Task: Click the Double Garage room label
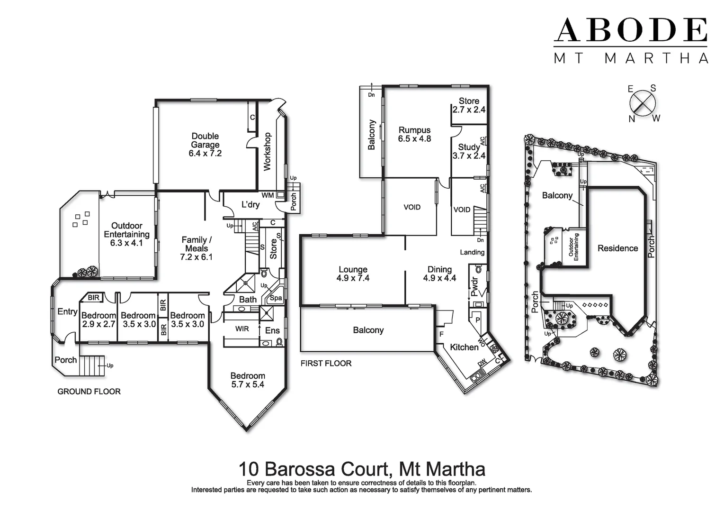(x=205, y=140)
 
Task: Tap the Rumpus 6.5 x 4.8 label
(x=414, y=134)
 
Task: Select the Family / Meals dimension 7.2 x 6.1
(x=197, y=257)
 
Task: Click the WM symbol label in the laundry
(x=267, y=195)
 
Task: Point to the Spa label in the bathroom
(x=276, y=298)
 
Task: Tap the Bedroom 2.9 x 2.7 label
(x=98, y=320)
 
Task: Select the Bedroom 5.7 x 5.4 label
(x=248, y=380)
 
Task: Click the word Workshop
(x=268, y=152)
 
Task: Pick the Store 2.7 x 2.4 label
(x=469, y=105)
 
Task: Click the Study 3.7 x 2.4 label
(x=469, y=151)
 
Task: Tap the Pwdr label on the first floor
(x=475, y=286)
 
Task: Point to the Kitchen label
(x=464, y=347)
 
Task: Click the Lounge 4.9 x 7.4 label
(x=353, y=274)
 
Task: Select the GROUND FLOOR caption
(x=89, y=392)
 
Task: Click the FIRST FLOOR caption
(x=326, y=364)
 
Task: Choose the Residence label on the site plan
(x=617, y=248)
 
